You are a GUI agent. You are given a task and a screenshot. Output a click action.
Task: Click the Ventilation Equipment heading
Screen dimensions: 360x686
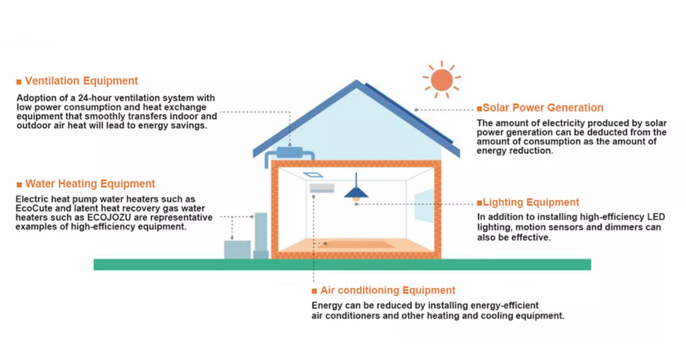[x=81, y=81]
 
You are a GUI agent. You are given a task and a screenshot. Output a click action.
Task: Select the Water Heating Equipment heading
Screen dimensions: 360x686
[x=90, y=183]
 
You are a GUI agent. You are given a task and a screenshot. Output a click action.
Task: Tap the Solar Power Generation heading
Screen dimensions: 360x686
[x=543, y=107]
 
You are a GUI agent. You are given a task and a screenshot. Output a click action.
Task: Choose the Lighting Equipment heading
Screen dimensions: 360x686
[x=531, y=202]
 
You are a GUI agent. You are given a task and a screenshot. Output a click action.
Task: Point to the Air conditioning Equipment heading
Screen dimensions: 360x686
[x=388, y=290]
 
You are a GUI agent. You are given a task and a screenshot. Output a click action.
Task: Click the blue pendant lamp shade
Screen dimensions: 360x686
[x=356, y=192]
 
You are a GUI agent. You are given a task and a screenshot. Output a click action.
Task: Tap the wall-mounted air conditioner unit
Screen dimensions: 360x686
[x=322, y=187]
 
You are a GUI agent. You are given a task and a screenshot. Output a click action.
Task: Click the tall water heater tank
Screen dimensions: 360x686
[x=261, y=235]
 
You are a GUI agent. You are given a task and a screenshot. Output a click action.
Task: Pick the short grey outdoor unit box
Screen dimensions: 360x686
[x=237, y=250]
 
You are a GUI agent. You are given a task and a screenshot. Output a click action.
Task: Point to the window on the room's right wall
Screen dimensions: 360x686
[x=424, y=205]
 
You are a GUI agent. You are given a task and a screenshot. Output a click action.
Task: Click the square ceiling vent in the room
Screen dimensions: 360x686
[x=312, y=175]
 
